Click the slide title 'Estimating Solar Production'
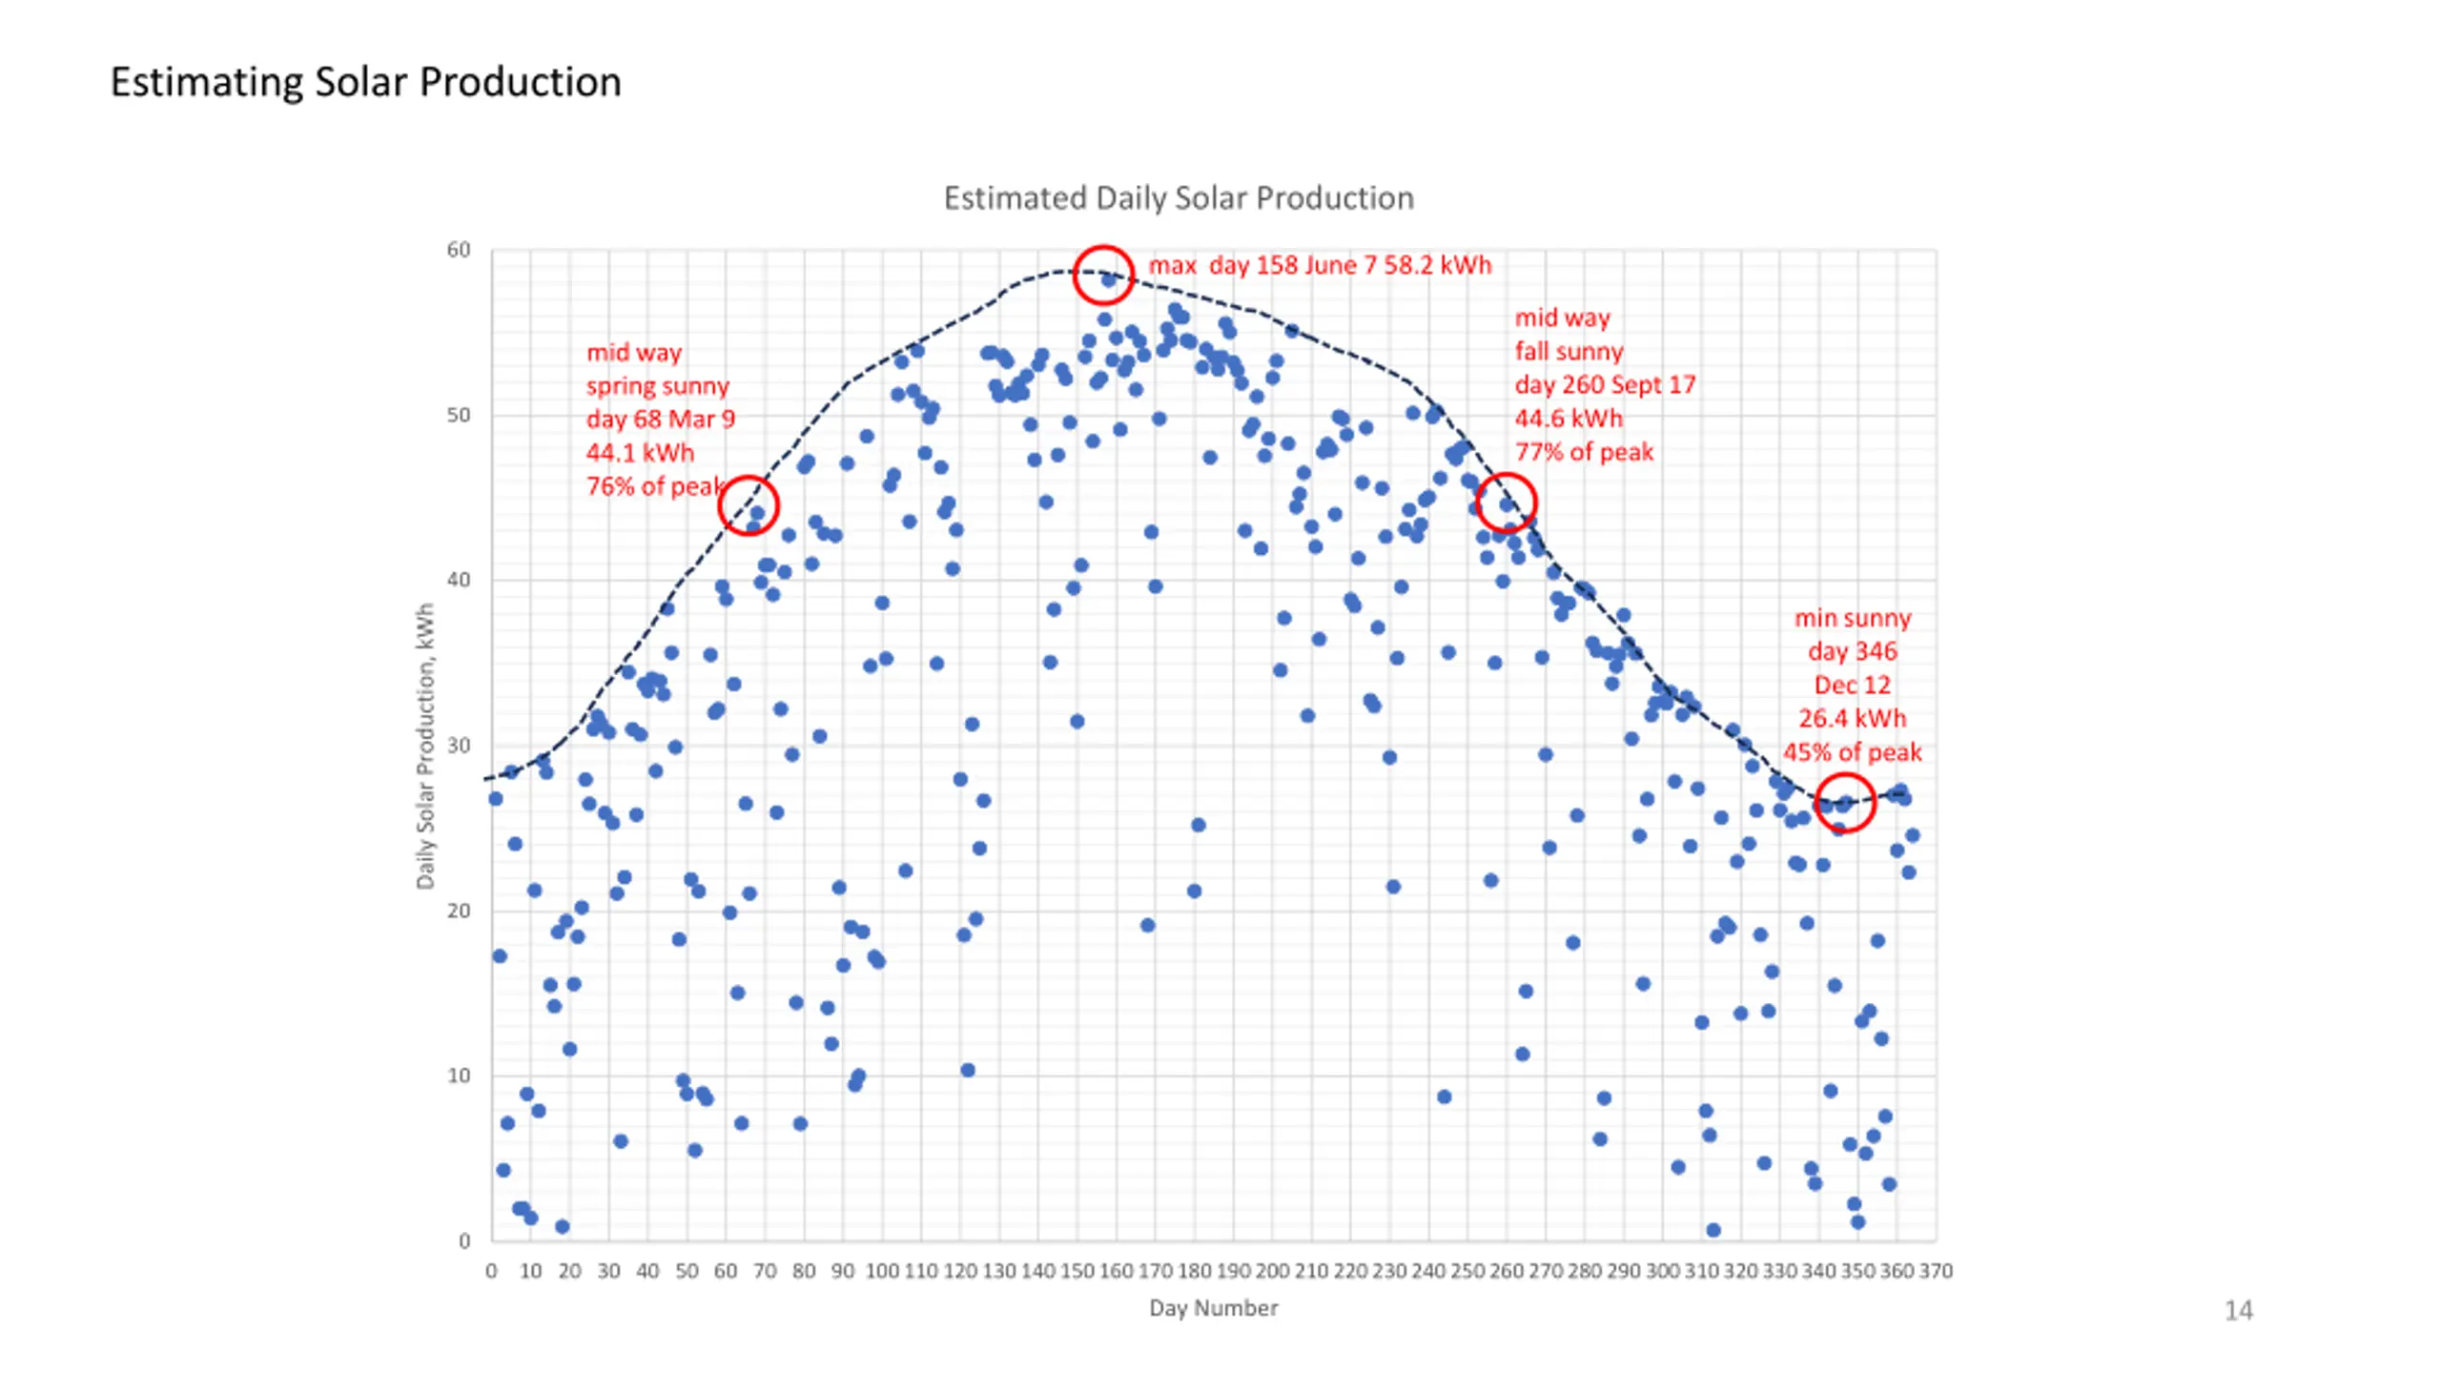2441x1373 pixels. pyautogui.click(x=365, y=82)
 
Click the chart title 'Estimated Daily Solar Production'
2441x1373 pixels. pyautogui.click(x=1179, y=198)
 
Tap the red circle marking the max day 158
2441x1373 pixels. pyautogui.click(x=1103, y=275)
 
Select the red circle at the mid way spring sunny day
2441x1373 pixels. pyautogui.click(x=749, y=505)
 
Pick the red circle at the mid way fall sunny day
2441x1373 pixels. pyautogui.click(x=1506, y=502)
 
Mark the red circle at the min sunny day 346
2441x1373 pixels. pyautogui.click(x=1844, y=803)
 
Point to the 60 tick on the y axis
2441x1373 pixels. pyautogui.click(x=459, y=250)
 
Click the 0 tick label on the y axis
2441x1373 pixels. pyautogui.click(x=464, y=1241)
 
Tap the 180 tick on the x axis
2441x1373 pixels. pyautogui.click(x=1194, y=1271)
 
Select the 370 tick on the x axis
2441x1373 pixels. pyautogui.click(x=1936, y=1271)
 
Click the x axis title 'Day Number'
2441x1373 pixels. pyautogui.click(x=1213, y=1308)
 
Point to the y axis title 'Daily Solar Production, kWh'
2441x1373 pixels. pyautogui.click(x=425, y=746)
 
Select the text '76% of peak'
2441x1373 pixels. pyautogui.click(x=655, y=486)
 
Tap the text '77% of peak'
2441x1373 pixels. pyautogui.click(x=1584, y=452)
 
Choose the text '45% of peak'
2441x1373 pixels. pyautogui.click(x=1852, y=752)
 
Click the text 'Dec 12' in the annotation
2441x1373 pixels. pyautogui.click(x=1852, y=685)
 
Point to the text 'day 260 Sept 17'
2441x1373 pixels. pyautogui.click(x=1605, y=384)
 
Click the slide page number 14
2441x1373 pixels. pyautogui.click(x=2238, y=1311)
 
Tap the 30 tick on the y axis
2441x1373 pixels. pyautogui.click(x=459, y=746)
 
